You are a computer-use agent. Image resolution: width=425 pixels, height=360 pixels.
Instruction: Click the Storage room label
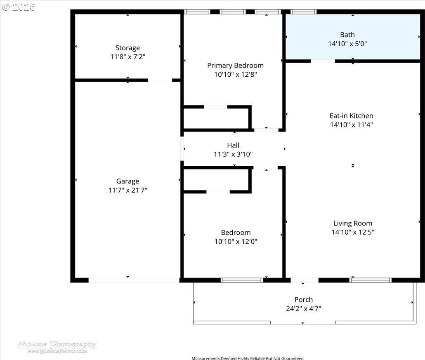coord(127,48)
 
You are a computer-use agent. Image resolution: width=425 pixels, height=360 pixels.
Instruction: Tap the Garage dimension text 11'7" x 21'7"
coord(127,190)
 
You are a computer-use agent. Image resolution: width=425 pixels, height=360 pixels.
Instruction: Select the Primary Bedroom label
coord(235,65)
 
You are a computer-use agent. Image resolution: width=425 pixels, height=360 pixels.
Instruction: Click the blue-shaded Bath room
coord(353,37)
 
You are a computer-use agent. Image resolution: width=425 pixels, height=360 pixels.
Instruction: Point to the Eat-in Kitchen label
coord(351,115)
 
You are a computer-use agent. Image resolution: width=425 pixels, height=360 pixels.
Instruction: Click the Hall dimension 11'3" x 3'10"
coord(233,154)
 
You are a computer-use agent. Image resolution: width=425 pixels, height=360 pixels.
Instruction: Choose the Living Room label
coord(353,223)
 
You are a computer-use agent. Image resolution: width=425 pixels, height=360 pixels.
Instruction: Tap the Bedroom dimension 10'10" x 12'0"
coord(236,241)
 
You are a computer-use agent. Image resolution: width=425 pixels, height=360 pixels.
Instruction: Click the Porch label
coord(304,300)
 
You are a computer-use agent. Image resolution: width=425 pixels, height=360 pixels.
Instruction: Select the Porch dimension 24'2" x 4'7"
coord(304,308)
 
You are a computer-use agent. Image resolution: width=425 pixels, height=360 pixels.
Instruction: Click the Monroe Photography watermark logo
coord(57,347)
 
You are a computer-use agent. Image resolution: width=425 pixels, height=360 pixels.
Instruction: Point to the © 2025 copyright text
coord(19,7)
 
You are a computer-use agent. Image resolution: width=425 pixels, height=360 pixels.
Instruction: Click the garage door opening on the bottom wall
coord(134,280)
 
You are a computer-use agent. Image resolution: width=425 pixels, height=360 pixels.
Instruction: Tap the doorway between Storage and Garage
coord(160,80)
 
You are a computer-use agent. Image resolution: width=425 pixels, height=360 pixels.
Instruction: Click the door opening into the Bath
coord(323,61)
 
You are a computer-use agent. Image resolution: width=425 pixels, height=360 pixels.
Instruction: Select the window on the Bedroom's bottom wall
coord(242,280)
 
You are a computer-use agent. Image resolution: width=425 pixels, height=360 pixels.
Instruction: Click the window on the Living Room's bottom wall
coord(370,280)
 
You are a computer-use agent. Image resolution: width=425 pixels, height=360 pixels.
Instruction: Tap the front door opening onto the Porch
coord(305,280)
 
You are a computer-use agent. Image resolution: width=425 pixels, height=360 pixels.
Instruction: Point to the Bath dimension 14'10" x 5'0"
coord(347,44)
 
